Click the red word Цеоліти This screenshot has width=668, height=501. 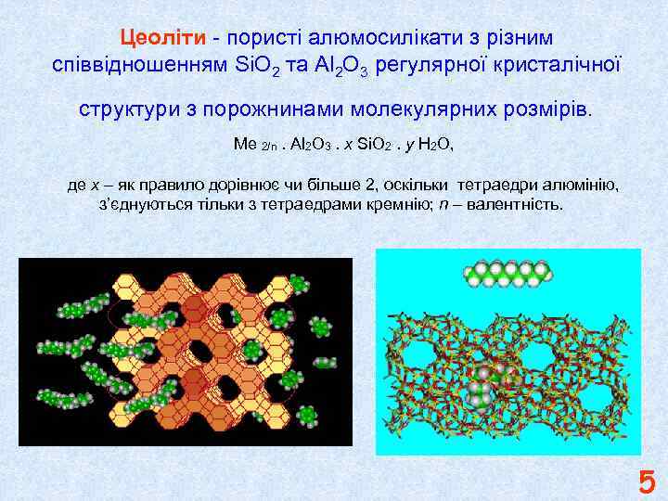tap(163, 38)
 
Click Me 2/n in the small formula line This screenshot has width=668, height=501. tap(253, 146)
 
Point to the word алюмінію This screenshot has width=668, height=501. tap(579, 185)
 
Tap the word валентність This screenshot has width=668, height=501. tap(515, 203)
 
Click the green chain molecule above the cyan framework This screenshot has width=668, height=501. tap(508, 273)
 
